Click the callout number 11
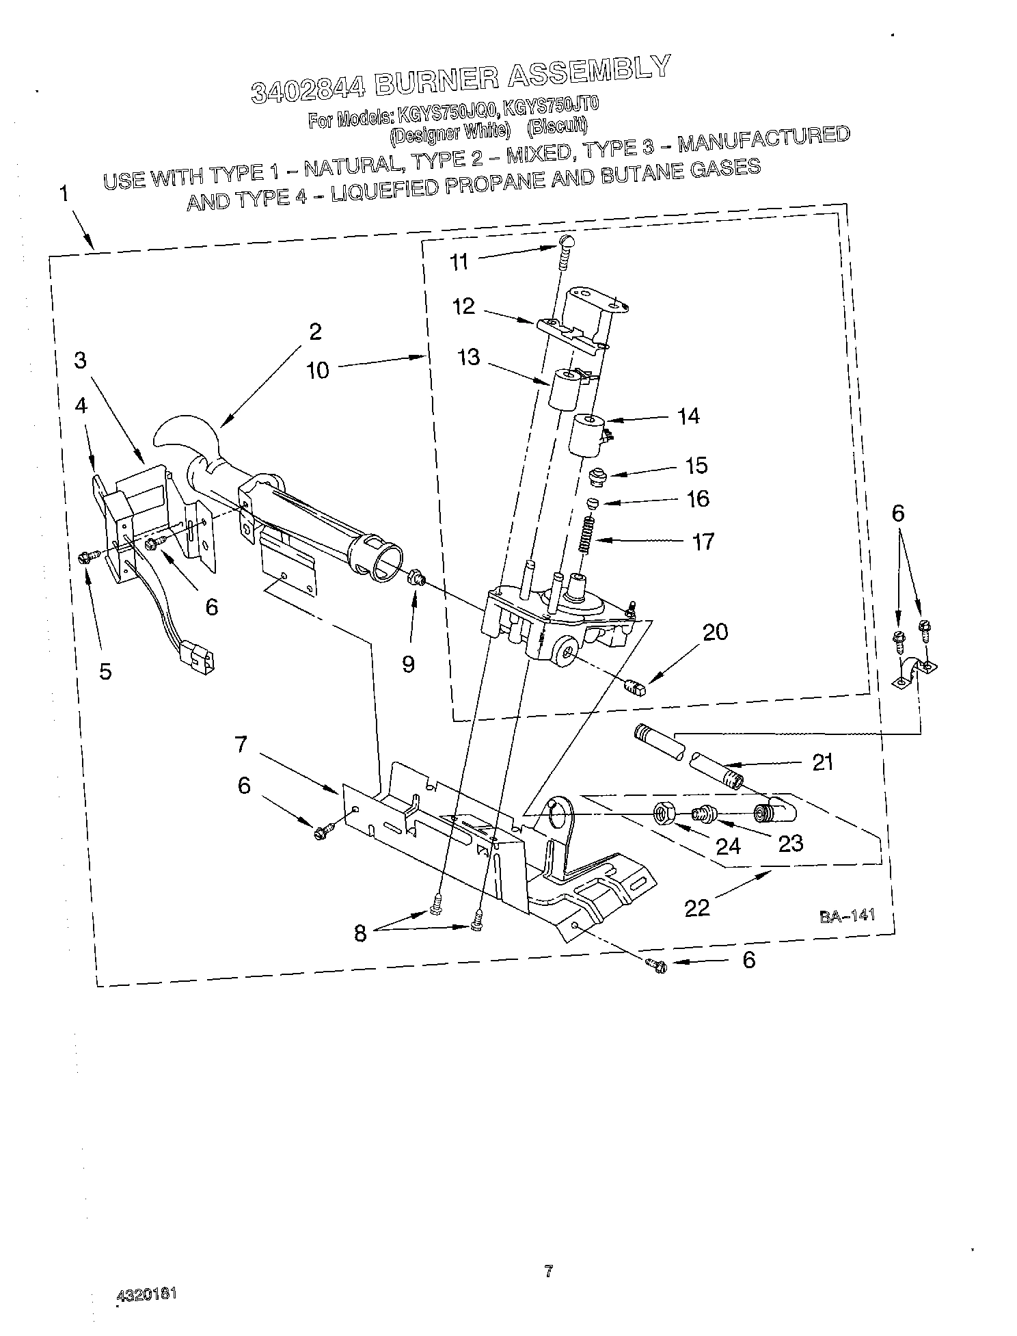tap(459, 261)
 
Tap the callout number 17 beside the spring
tap(703, 542)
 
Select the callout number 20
tap(715, 632)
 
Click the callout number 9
tap(408, 664)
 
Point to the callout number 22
tap(697, 907)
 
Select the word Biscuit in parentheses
tap(558, 126)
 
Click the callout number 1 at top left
tap(64, 194)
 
